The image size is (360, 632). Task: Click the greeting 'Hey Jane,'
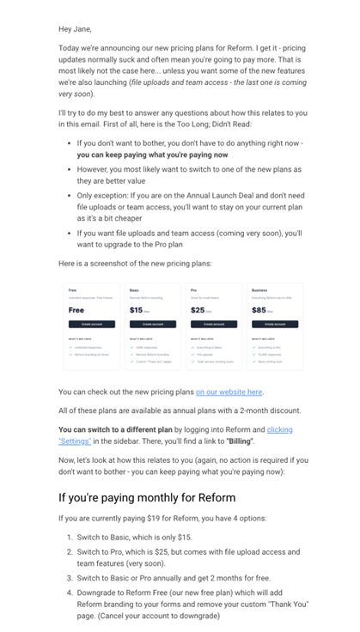point(75,28)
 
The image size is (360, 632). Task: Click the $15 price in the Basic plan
point(137,310)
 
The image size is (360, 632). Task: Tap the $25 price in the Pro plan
point(198,310)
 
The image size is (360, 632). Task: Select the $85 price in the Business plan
point(259,310)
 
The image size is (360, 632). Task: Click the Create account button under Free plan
point(92,325)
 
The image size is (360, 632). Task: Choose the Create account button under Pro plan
point(214,325)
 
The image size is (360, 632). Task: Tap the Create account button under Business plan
point(275,325)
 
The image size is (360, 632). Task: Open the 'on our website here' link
point(229,392)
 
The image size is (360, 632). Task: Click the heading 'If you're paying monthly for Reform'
point(146,497)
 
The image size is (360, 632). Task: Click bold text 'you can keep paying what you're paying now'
point(152,155)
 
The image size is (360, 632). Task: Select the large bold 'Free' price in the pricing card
point(76,310)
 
